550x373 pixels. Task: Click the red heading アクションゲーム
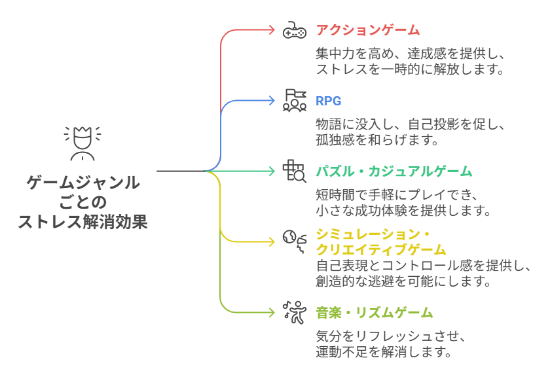[x=367, y=30]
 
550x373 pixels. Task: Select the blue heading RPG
[x=329, y=101]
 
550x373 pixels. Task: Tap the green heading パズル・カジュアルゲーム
[x=394, y=171]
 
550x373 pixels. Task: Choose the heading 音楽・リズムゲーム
[x=374, y=313]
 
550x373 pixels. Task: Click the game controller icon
[x=294, y=30]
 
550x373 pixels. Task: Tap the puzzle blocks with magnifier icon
[x=294, y=171]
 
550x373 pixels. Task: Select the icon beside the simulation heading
[x=294, y=240]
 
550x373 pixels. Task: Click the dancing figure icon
[x=294, y=312]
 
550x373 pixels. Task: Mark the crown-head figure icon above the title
[x=82, y=143]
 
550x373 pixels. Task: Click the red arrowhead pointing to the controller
[x=273, y=30]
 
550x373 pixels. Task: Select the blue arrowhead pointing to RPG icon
[x=273, y=101]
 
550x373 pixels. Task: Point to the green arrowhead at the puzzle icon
[x=273, y=171]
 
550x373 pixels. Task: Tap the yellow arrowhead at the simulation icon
[x=273, y=242]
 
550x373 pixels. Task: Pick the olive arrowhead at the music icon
[x=273, y=313]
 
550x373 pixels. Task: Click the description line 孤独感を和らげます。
[x=376, y=140]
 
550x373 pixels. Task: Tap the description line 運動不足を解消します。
[x=384, y=352]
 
